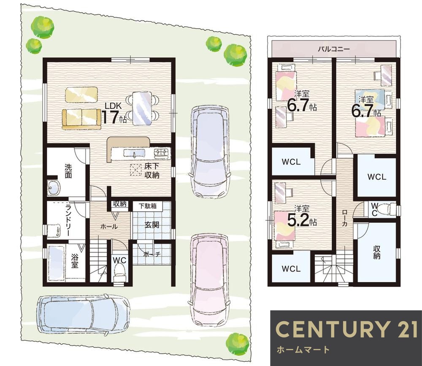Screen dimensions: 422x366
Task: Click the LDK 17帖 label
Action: point(114,113)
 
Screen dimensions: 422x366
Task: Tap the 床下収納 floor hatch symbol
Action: point(136,170)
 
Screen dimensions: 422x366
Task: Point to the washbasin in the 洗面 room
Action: point(54,188)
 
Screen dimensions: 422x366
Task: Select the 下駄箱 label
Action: point(147,206)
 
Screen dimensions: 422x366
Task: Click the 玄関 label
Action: point(152,225)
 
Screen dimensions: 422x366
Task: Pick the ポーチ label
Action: point(152,254)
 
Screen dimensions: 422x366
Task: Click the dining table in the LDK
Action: point(142,108)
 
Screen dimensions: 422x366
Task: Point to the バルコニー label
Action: point(334,49)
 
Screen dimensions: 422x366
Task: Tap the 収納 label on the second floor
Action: point(376,252)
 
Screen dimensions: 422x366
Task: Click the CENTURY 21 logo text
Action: point(346,329)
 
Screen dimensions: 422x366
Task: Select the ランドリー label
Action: point(68,221)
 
